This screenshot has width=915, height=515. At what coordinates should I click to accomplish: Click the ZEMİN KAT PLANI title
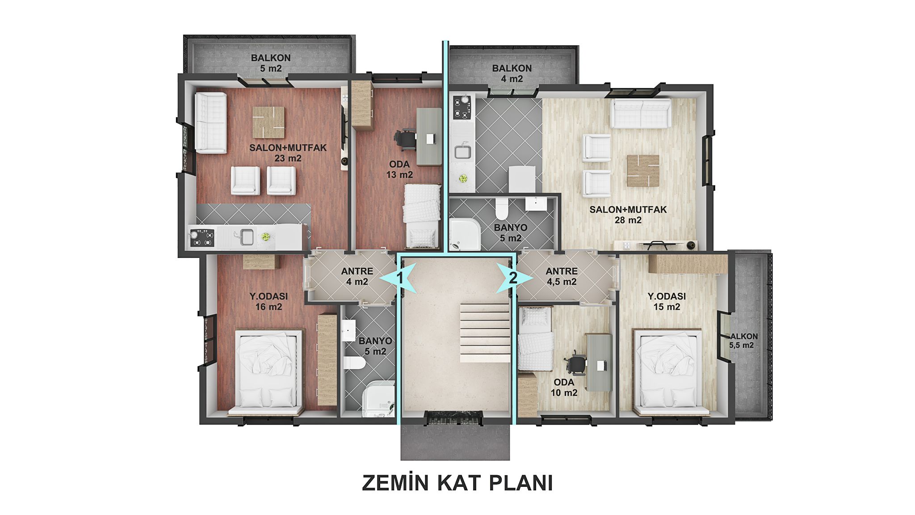(457, 483)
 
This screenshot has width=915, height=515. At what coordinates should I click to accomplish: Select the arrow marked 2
(514, 278)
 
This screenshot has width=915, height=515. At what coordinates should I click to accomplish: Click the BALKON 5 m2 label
(271, 63)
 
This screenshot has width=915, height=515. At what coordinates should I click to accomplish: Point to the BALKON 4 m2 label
(512, 73)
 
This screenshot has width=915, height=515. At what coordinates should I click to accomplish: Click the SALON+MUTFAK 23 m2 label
(288, 153)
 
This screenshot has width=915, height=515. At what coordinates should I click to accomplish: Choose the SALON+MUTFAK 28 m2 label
(628, 215)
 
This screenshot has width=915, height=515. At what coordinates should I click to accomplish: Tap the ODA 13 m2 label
(399, 169)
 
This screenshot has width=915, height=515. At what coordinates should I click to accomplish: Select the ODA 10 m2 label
(564, 388)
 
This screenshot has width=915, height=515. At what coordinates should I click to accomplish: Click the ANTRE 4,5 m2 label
(562, 276)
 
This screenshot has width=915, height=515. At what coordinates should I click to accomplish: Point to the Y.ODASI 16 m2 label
(269, 301)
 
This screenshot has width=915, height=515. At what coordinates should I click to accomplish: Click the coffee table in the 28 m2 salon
(643, 170)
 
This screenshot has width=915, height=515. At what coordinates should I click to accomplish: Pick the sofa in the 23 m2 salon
(210, 123)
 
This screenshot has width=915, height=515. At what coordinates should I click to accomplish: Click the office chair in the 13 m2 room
(405, 138)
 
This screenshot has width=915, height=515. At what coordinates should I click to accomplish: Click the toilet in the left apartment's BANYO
(354, 363)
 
